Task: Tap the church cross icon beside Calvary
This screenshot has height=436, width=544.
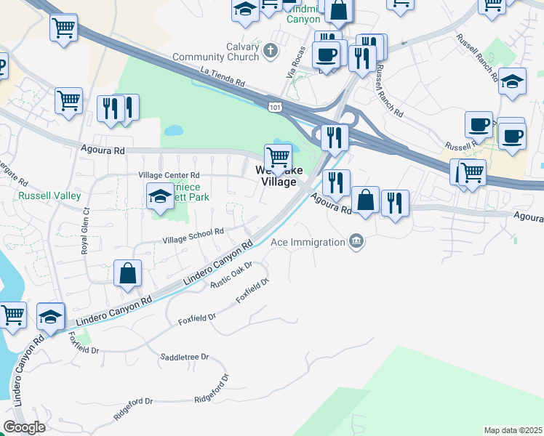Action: (271, 51)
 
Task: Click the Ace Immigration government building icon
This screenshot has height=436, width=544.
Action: (356, 241)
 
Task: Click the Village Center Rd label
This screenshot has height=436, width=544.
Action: (169, 175)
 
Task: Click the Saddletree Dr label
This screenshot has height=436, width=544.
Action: (184, 357)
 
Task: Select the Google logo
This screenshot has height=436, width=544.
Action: (24, 427)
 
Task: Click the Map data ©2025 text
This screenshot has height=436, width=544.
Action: (513, 430)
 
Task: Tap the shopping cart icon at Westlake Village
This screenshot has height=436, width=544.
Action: (278, 156)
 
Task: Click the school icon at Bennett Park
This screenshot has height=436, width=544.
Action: (160, 195)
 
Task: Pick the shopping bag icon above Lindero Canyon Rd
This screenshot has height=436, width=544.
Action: (127, 274)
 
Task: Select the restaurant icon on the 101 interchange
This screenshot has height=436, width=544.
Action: (335, 136)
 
